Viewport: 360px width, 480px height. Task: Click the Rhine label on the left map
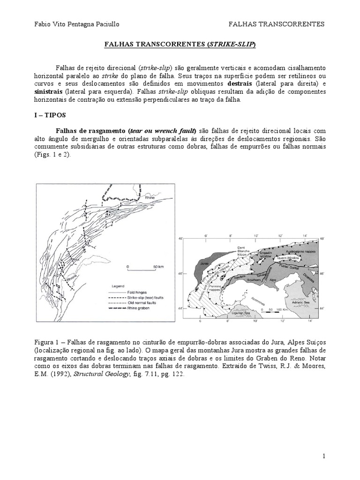pos(150,198)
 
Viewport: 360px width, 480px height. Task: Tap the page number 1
pos(323,456)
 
